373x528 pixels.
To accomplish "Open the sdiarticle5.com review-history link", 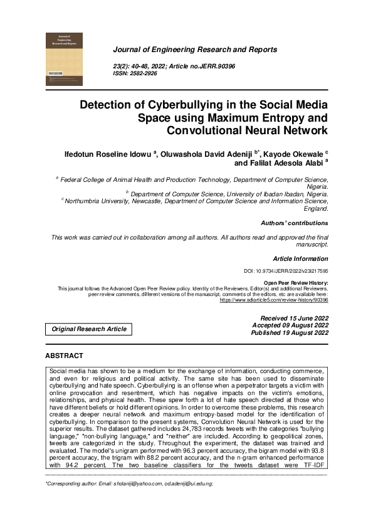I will coord(274,300).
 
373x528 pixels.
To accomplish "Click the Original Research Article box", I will coord(88,329).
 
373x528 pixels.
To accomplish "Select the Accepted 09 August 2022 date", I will coord(290,325).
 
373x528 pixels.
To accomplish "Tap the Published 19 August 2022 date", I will coord(289,333).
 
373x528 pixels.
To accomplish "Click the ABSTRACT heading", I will coord(64,356).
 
